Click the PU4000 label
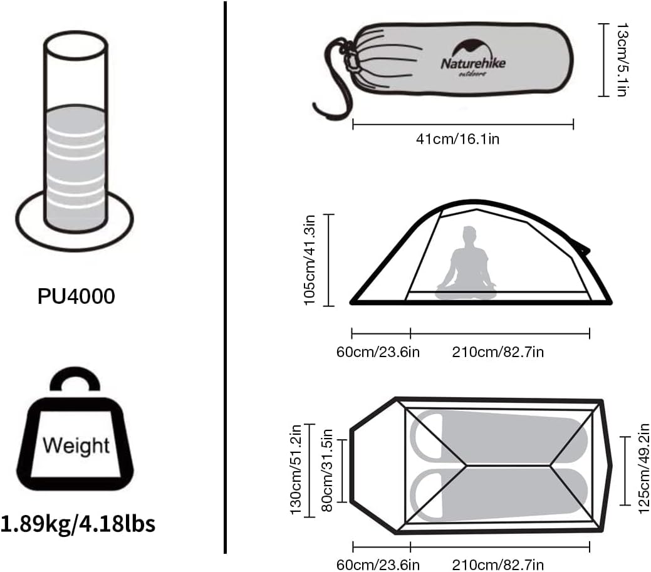tap(76, 296)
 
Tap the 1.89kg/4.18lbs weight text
tap(78, 524)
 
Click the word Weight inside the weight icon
tap(76, 446)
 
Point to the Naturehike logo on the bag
tap(473, 58)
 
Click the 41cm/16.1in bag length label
tap(457, 139)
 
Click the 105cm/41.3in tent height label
tap(310, 260)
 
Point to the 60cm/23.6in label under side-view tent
tap(378, 353)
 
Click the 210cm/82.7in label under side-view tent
tap(497, 353)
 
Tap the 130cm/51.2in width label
tap(295, 469)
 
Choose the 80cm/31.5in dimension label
tap(327, 471)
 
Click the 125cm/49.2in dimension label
tap(643, 469)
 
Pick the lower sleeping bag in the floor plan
tap(499, 494)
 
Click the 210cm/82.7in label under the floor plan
tap(497, 565)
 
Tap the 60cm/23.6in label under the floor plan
tap(378, 565)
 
